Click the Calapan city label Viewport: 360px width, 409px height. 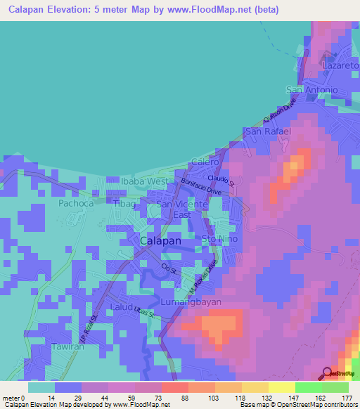160,240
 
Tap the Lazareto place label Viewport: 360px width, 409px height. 340,65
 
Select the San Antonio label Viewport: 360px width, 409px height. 312,90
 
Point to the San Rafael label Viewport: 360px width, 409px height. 267,131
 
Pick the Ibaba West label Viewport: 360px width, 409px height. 144,181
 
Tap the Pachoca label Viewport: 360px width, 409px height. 76,203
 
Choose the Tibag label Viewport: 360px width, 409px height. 124,203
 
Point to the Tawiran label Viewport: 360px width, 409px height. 67,347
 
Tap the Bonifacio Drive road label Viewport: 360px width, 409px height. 202,188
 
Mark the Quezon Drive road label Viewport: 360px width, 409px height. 276,110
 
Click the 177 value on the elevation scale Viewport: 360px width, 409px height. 347,398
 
